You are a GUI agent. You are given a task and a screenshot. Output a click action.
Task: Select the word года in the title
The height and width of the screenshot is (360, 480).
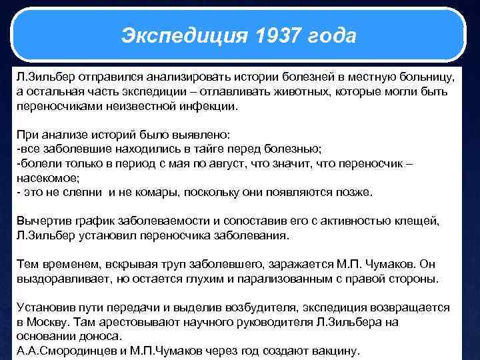point(334,35)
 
